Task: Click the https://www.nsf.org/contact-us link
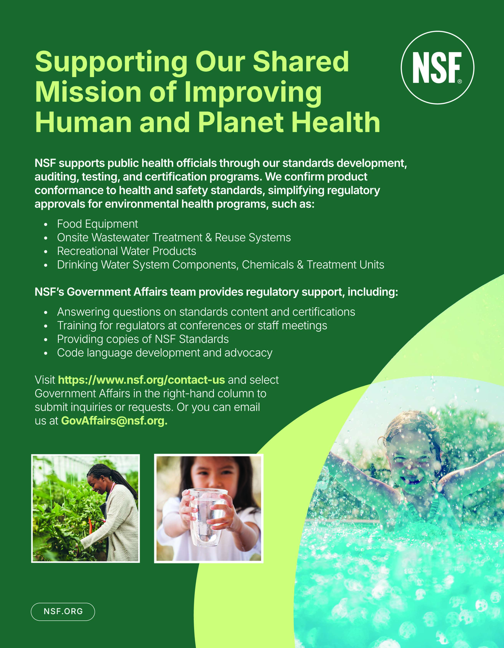click(x=142, y=380)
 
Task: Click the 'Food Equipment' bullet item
click(x=97, y=224)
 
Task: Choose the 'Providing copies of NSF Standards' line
click(x=143, y=339)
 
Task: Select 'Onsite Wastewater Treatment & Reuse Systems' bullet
click(x=174, y=238)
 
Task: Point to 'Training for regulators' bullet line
click(x=192, y=325)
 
